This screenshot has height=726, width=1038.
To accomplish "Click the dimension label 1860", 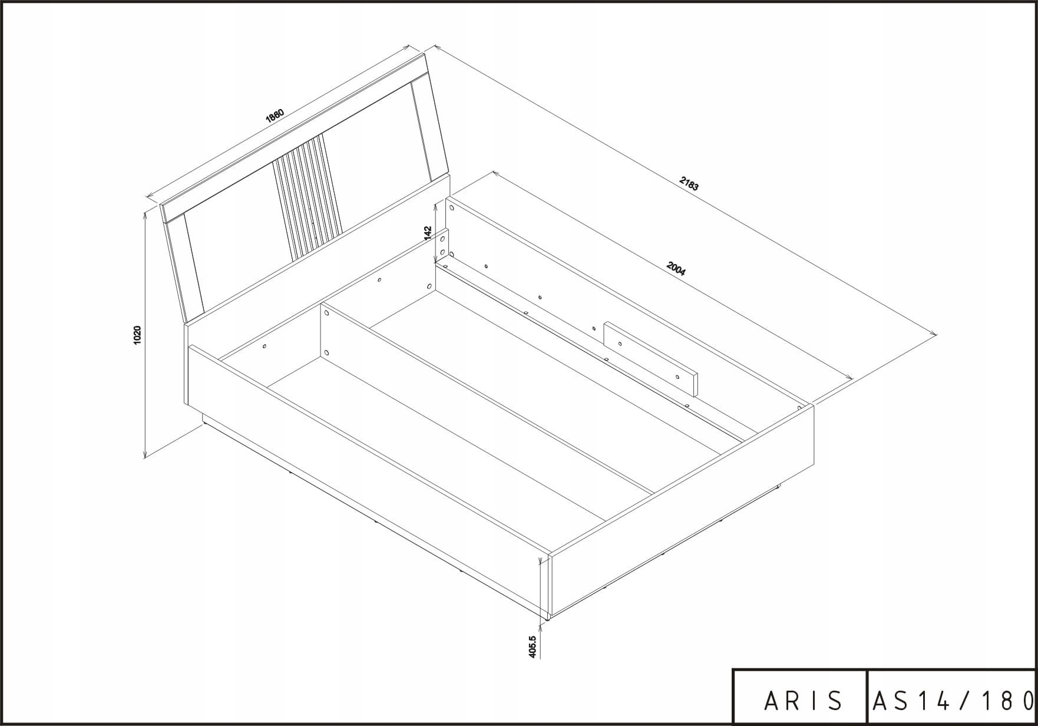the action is [275, 115].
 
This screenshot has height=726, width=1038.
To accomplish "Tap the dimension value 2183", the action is [689, 184].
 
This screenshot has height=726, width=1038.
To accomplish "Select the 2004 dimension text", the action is [676, 269].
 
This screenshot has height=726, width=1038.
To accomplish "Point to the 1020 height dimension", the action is [137, 334].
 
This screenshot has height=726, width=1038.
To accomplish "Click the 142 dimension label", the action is [428, 233].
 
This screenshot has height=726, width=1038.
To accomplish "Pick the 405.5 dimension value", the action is [533, 646].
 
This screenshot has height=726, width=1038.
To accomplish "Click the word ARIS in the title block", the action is [804, 700].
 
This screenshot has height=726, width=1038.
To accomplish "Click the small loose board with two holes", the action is [650, 359].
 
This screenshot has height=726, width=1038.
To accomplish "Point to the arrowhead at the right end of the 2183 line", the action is [933, 334].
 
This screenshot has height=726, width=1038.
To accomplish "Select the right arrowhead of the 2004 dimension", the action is [849, 378].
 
